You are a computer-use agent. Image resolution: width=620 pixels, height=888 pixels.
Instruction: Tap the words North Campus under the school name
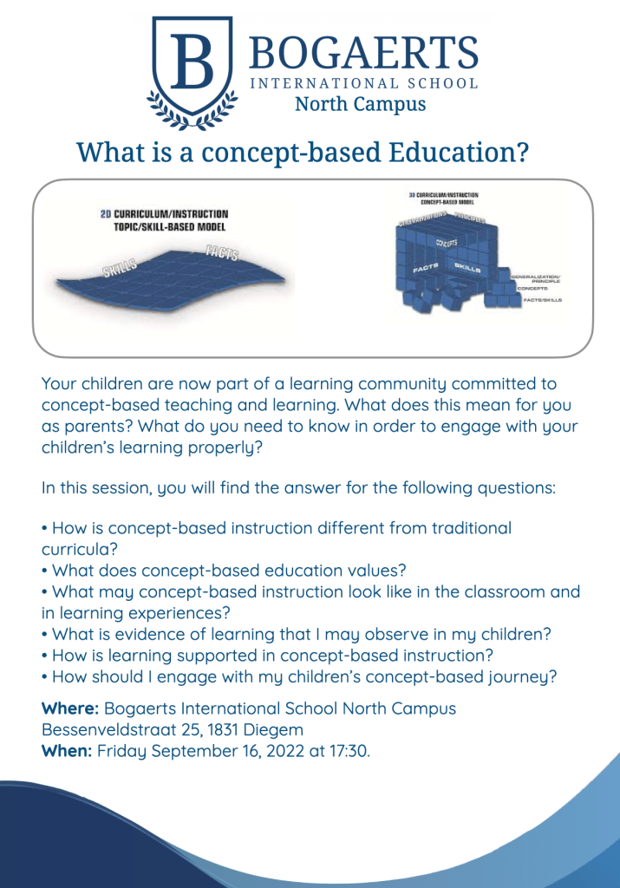(360, 105)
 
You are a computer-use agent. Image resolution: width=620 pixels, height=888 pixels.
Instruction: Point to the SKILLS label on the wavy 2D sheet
(122, 268)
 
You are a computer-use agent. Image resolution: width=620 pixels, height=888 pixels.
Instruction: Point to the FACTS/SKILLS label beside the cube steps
(543, 300)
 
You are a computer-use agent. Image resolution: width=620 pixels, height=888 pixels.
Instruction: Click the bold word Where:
(70, 708)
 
